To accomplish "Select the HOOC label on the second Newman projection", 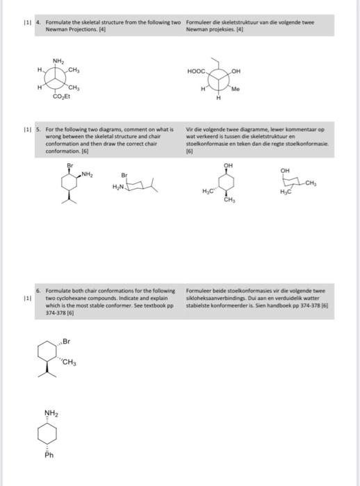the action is [197, 72].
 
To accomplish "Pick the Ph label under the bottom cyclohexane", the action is [49, 455].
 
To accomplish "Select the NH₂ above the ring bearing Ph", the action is [51, 413].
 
